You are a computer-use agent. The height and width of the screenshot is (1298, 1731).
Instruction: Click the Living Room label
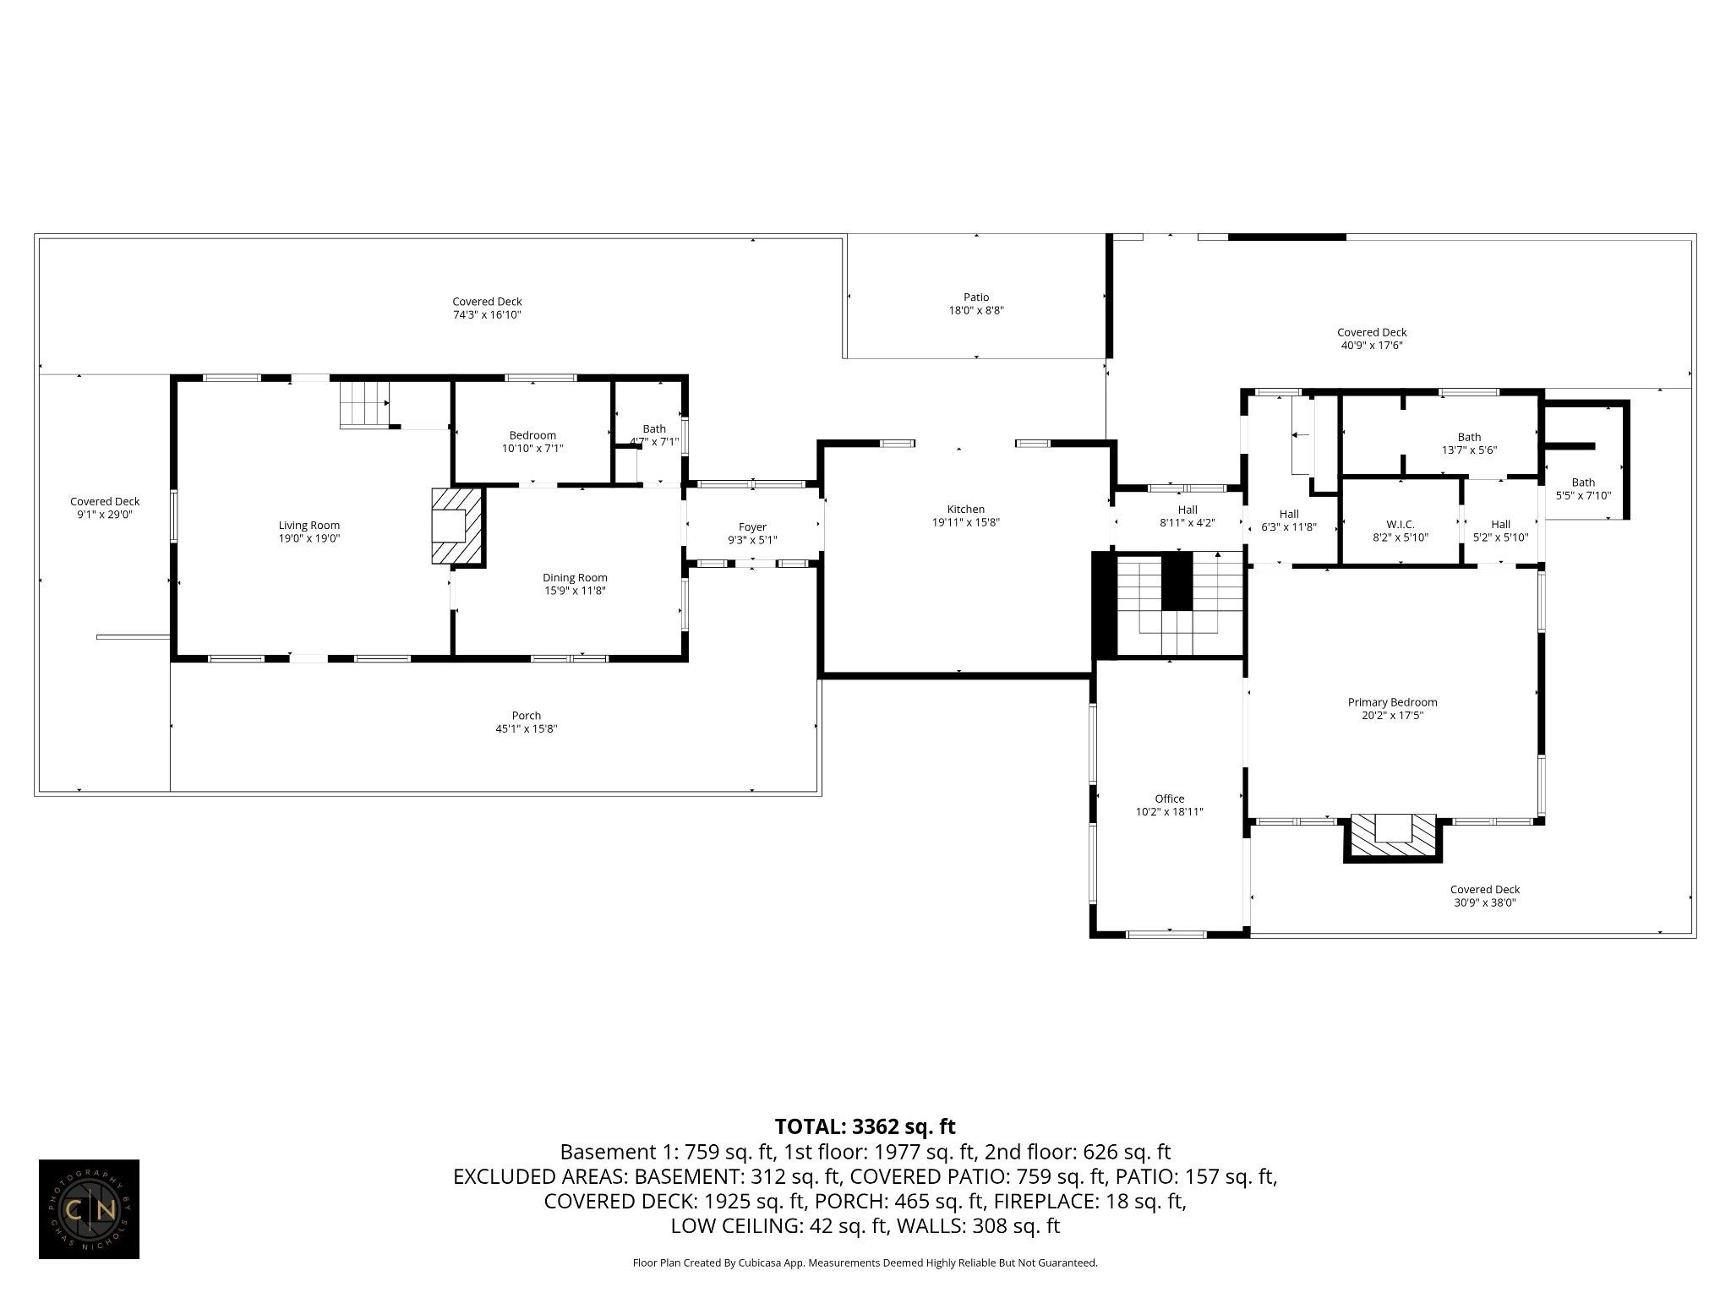(x=309, y=526)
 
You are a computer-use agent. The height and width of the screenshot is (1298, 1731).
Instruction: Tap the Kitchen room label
(x=965, y=510)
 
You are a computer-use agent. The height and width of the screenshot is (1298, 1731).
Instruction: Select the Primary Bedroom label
(x=1392, y=702)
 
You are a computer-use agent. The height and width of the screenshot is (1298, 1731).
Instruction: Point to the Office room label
(x=1170, y=799)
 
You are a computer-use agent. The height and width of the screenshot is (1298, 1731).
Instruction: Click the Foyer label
(x=752, y=527)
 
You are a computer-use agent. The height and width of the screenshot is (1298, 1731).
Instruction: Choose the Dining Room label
(x=575, y=578)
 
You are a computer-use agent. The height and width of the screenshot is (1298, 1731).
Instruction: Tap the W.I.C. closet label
(x=1401, y=525)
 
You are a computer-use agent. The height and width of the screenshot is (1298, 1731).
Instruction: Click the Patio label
(x=976, y=297)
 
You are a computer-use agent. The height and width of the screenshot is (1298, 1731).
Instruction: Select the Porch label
(x=527, y=716)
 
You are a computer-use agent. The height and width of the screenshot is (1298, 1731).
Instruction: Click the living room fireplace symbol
(x=457, y=526)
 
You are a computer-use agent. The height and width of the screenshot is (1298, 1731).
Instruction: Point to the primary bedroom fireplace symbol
(x=1393, y=837)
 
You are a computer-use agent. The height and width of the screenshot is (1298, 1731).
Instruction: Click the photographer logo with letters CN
(x=89, y=1209)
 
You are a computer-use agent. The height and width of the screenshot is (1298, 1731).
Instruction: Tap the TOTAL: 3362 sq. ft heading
(x=865, y=1126)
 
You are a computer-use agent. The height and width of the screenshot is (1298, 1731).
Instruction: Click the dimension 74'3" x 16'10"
(x=487, y=315)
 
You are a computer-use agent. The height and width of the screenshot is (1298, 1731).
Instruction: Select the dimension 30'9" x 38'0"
(x=1484, y=903)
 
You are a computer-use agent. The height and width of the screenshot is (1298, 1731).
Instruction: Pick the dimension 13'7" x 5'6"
(x=1469, y=450)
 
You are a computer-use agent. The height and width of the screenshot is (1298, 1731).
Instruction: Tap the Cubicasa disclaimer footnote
(x=865, y=1263)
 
